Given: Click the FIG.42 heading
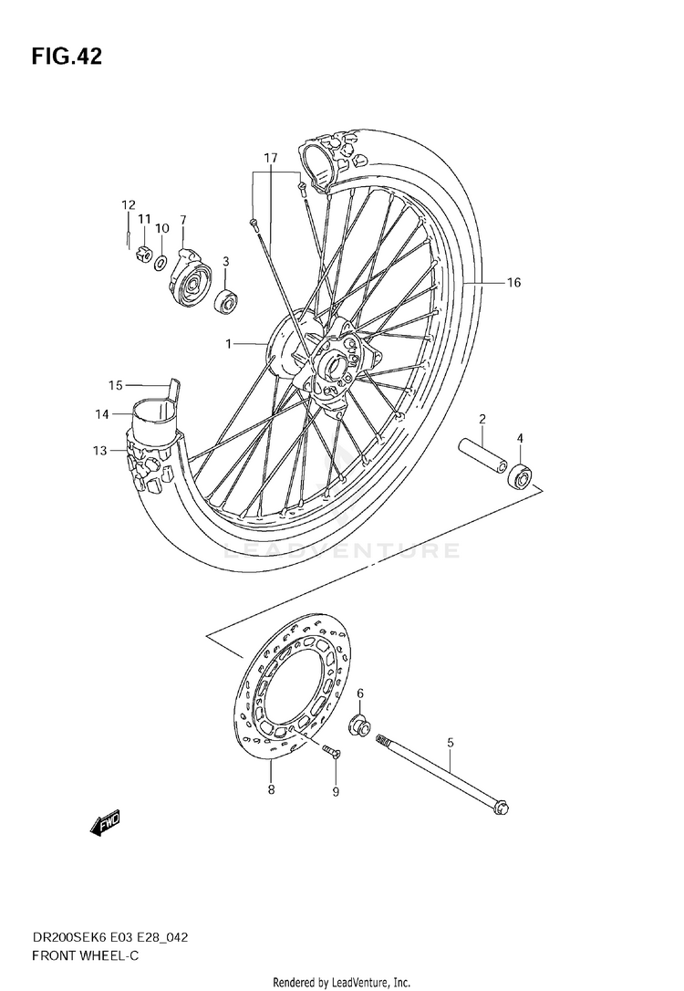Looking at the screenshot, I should pyautogui.click(x=67, y=57).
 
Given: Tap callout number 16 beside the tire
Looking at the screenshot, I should pyautogui.click(x=513, y=283).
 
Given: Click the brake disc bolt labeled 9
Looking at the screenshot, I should pyautogui.click(x=329, y=752).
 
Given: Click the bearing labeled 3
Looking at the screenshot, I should pyautogui.click(x=224, y=300).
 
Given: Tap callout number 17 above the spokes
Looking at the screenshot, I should pyautogui.click(x=270, y=158).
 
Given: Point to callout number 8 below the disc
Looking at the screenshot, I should pyautogui.click(x=271, y=790).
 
